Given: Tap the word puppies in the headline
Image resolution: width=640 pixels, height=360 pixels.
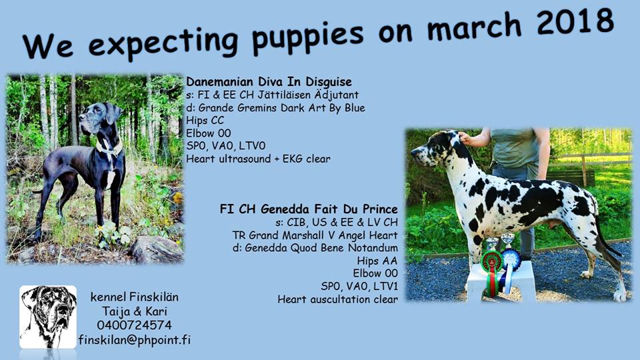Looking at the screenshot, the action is pyautogui.click(x=307, y=37).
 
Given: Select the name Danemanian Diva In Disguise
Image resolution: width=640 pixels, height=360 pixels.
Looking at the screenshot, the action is pyautogui.click(x=269, y=81).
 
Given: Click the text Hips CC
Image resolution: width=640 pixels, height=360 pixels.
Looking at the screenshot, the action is pyautogui.click(x=205, y=121).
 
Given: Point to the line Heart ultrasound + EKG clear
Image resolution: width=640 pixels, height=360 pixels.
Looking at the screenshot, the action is pyautogui.click(x=259, y=159).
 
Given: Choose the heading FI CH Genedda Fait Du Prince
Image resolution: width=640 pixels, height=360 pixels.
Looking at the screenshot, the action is pyautogui.click(x=309, y=209).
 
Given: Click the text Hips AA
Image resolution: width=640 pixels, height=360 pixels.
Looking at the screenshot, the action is pyautogui.click(x=377, y=261).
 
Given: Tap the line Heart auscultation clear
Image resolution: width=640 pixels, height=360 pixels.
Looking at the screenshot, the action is pyautogui.click(x=337, y=299).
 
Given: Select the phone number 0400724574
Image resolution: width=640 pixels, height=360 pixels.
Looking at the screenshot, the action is pyautogui.click(x=134, y=325).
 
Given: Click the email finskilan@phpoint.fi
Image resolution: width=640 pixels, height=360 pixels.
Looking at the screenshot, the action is pyautogui.click(x=134, y=340).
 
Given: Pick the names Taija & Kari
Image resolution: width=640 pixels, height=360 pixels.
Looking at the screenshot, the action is pyautogui.click(x=134, y=311).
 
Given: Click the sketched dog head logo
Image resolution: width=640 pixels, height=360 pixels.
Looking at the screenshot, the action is pyautogui.click(x=48, y=317).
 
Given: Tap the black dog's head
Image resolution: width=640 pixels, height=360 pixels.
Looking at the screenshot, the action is pyautogui.click(x=99, y=116).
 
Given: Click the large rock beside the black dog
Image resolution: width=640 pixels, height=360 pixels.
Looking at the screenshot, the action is pyautogui.click(x=156, y=249).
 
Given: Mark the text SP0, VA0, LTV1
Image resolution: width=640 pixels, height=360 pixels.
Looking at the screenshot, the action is pyautogui.click(x=359, y=286).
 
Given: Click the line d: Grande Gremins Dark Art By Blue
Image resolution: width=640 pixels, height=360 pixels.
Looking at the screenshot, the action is pyautogui.click(x=275, y=108).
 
